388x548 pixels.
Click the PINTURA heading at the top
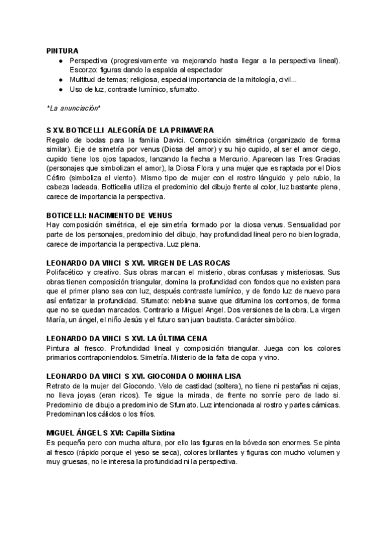[x=63, y=50]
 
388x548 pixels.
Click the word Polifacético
[x=67, y=273]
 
